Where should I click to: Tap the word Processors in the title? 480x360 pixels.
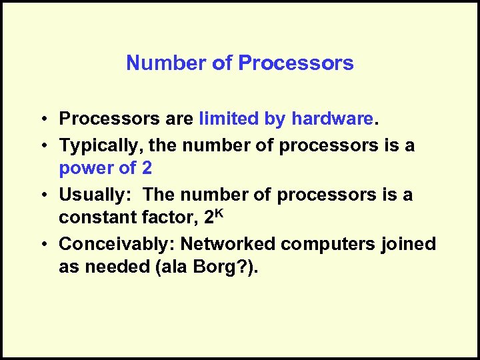click(x=296, y=63)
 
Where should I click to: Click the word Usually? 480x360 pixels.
click(x=95, y=195)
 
